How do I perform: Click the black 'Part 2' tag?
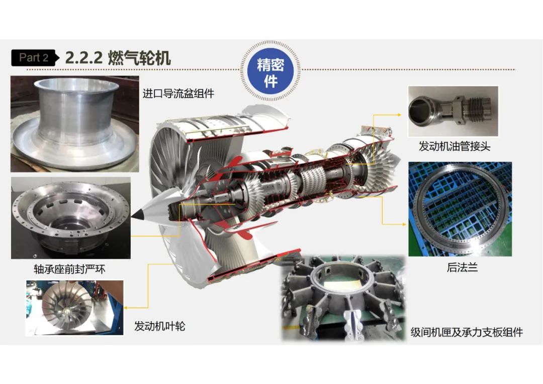coord(33,58)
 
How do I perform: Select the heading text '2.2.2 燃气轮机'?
coord(118,58)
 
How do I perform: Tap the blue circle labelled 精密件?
coord(270,71)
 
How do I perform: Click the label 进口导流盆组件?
coord(178,94)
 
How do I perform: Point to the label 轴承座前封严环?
coord(69,269)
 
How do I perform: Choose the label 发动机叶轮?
coord(160,326)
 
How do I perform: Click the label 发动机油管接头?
coord(455,146)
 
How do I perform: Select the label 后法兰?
coord(463,267)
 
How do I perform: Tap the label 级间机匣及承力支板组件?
coord(467,332)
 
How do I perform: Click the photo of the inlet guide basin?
coord(75,124)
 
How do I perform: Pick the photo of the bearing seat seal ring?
coord(71,218)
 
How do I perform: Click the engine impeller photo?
coord(74,308)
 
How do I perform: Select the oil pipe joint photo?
coord(453,111)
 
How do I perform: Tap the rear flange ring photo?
coord(460,209)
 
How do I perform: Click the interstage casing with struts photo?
coord(343,298)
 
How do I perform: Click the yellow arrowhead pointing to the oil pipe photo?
coord(399,115)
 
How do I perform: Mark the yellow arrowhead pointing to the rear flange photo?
coord(404,224)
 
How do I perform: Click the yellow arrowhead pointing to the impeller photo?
coord(126,308)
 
